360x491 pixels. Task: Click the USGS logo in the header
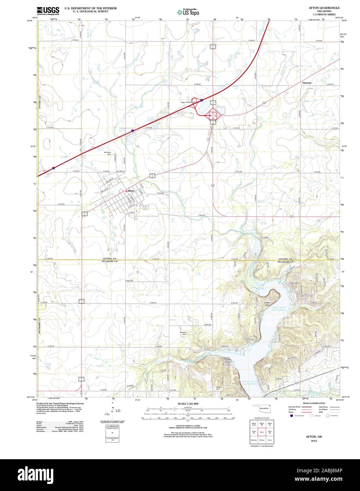click(48, 10)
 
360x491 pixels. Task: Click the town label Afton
click(131, 191)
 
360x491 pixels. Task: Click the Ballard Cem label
click(218, 388)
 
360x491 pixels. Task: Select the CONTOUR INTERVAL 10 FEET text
click(188, 426)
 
